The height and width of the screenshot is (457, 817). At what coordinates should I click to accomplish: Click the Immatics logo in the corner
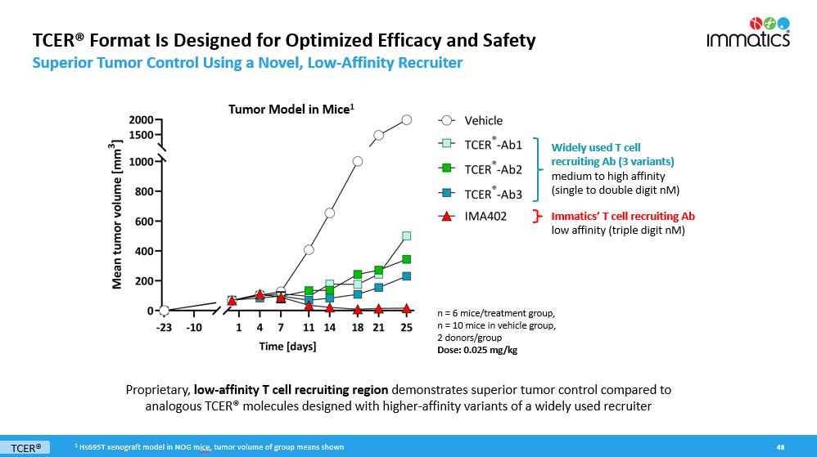point(748,32)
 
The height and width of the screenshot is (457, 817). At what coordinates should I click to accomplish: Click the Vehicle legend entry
point(483,120)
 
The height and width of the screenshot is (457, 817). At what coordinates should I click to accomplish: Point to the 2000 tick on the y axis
point(140,120)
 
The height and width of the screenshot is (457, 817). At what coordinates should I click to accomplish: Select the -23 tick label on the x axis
point(164,328)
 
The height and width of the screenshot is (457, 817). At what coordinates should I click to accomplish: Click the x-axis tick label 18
point(358,328)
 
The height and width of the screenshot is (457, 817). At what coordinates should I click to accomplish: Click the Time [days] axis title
point(287,346)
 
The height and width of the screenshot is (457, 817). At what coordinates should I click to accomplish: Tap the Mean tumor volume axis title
point(117,215)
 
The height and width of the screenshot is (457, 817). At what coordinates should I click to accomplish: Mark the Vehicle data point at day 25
point(406,120)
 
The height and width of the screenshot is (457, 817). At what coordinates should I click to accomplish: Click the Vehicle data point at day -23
point(164,311)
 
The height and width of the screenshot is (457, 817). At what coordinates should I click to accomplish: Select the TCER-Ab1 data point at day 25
point(406,236)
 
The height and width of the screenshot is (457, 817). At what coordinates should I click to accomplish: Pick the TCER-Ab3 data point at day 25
point(406,276)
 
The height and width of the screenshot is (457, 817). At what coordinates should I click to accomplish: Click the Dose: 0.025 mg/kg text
point(477,350)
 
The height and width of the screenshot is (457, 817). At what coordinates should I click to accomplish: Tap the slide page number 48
point(780,447)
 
